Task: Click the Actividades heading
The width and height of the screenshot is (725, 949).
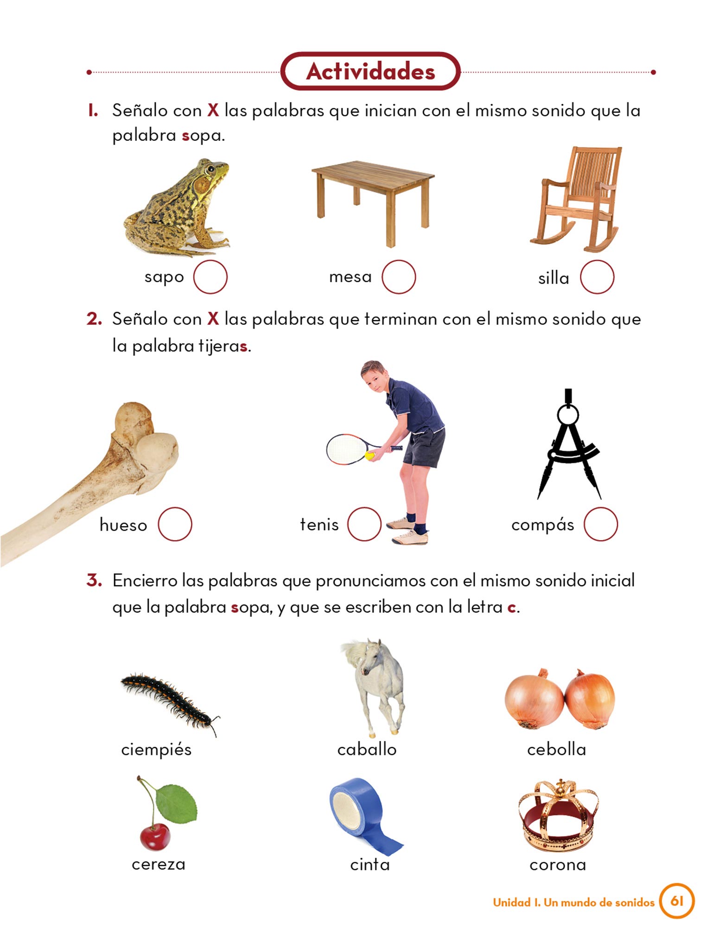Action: pos(370,71)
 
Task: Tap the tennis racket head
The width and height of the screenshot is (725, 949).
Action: pos(348,449)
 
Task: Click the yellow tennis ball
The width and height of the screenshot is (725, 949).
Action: pos(370,456)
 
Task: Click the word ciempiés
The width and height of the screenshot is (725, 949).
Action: pos(156,749)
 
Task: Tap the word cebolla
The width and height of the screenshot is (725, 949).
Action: pos(556,749)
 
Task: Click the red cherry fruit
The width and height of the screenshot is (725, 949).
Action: pos(155,837)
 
